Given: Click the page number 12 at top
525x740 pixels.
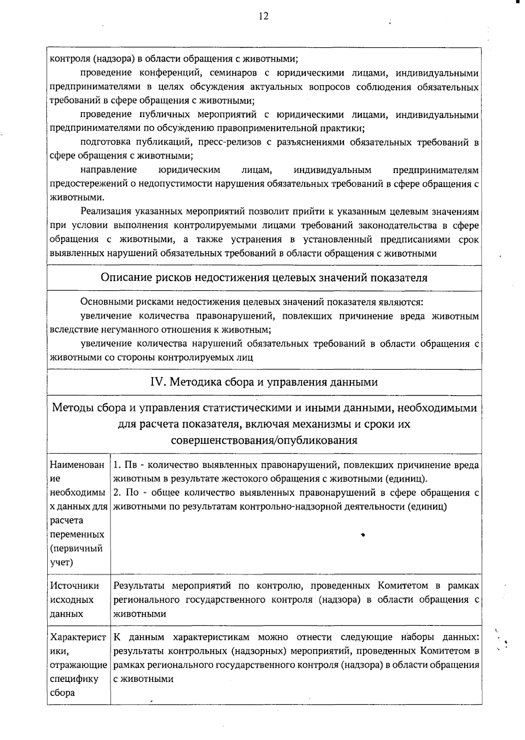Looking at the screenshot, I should point(263,16).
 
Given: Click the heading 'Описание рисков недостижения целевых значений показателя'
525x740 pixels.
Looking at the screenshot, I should point(264,278).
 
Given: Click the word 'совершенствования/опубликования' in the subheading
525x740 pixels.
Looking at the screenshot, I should point(264,440).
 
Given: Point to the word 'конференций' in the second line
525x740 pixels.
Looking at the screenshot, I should point(172,73).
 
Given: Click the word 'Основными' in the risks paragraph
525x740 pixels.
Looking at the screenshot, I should point(107,302).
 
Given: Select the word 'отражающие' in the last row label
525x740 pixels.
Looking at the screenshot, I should point(79,665).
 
